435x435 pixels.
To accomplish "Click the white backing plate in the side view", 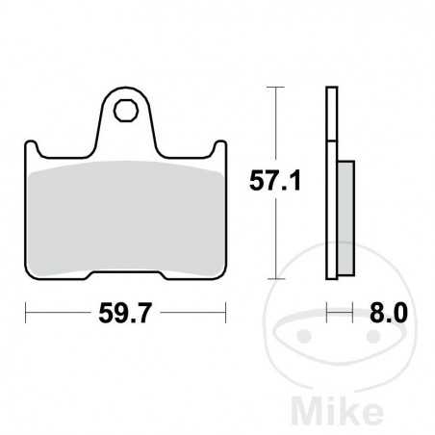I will pos(332,183).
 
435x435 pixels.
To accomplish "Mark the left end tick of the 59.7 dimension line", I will pos(26,311).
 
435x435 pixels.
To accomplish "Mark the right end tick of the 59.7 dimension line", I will pos(225,311).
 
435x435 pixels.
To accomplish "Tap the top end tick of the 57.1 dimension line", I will pos(278,88).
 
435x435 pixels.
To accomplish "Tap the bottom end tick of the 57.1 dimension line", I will pos(278,277).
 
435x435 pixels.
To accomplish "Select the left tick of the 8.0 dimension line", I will pos(328,311).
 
